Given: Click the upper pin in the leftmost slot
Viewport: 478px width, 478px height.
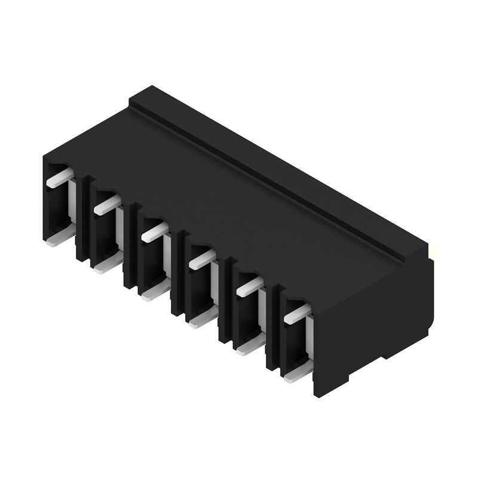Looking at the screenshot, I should pos(60,178).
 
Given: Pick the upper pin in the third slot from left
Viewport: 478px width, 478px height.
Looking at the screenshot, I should pos(155,232).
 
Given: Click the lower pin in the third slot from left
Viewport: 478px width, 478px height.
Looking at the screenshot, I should pos(154,293).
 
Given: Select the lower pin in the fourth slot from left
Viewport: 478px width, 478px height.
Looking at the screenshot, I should pos(201,320).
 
